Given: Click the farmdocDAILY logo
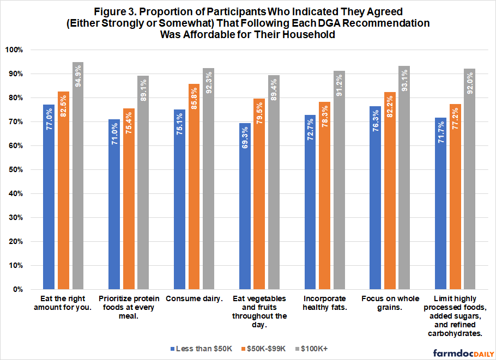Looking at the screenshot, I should [x=461, y=353].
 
